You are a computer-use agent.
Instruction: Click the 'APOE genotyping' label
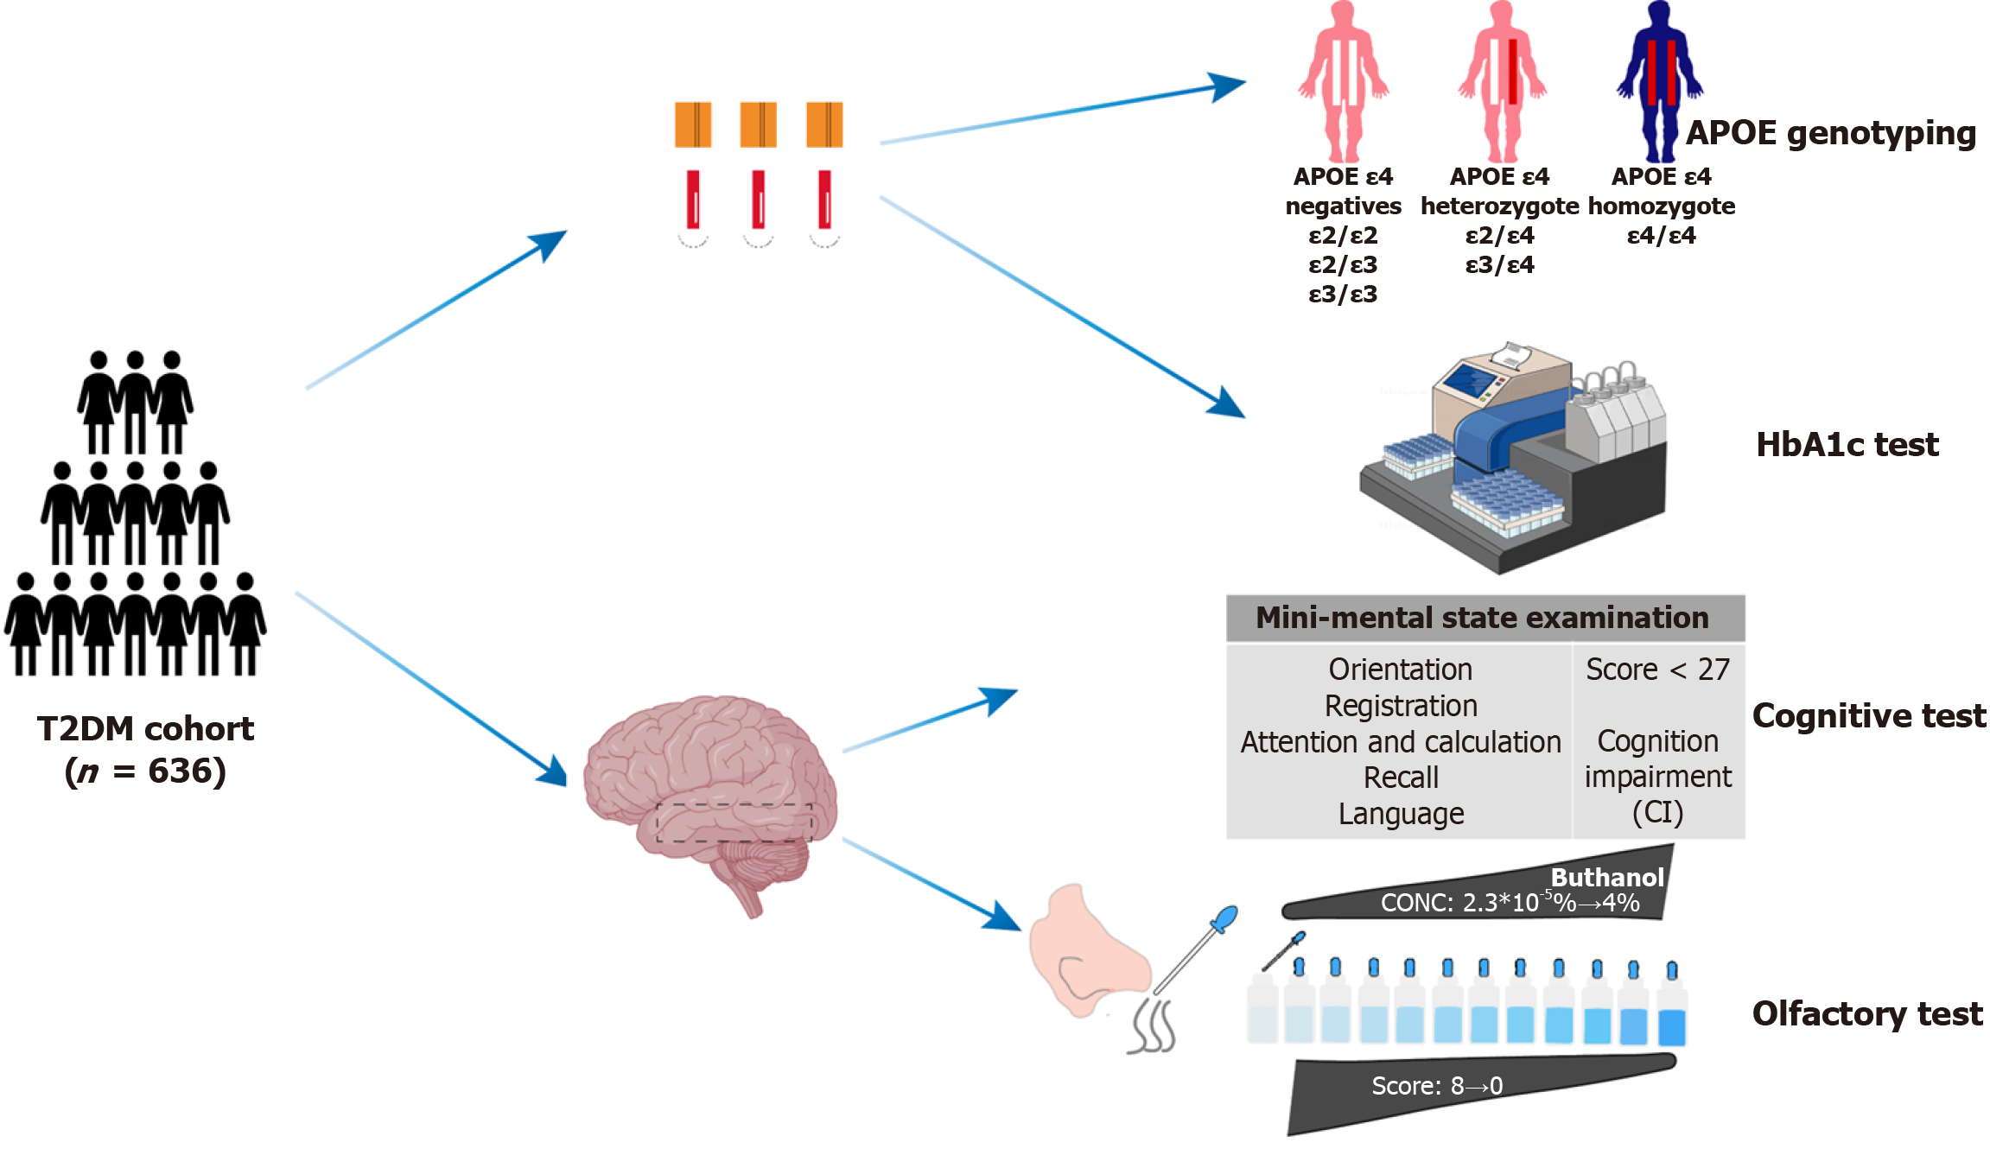pyautogui.click(x=1831, y=133)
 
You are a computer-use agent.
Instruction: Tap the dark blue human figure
pyautogui.click(x=1660, y=82)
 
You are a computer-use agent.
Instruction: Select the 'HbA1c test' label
pyautogui.click(x=1847, y=444)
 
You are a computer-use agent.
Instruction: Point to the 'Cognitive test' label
pyautogui.click(x=1869, y=716)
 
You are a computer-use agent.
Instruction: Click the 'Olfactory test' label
pyautogui.click(x=1867, y=1013)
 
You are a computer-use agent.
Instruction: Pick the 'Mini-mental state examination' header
pyautogui.click(x=1482, y=618)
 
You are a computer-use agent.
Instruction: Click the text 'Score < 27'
pyautogui.click(x=1657, y=670)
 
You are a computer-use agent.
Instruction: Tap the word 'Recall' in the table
pyautogui.click(x=1401, y=778)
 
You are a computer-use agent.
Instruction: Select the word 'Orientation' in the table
pyautogui.click(x=1401, y=670)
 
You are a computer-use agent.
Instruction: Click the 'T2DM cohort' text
pyautogui.click(x=145, y=729)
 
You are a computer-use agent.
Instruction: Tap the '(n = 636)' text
pyautogui.click(x=145, y=771)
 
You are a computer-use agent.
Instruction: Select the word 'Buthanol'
pyautogui.click(x=1607, y=878)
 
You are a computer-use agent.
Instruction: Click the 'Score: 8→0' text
pyautogui.click(x=1437, y=1086)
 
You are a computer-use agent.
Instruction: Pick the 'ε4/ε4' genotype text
pyautogui.click(x=1661, y=236)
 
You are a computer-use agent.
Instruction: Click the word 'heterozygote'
pyautogui.click(x=1499, y=206)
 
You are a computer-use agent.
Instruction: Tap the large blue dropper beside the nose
pyautogui.click(x=1196, y=949)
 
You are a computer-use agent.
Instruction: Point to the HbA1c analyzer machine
pyautogui.click(x=1513, y=458)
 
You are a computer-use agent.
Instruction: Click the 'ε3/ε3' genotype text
pyautogui.click(x=1343, y=295)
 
